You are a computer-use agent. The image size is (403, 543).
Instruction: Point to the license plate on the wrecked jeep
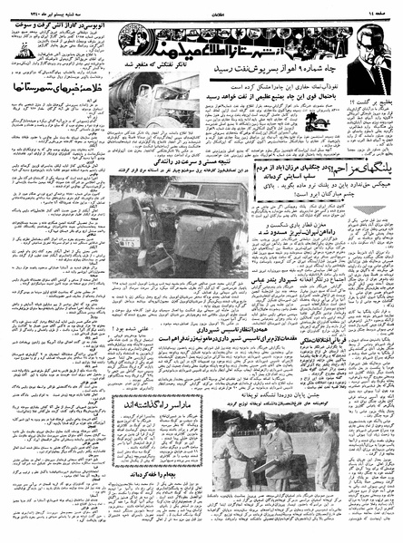pyautogui.click(x=128, y=243)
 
